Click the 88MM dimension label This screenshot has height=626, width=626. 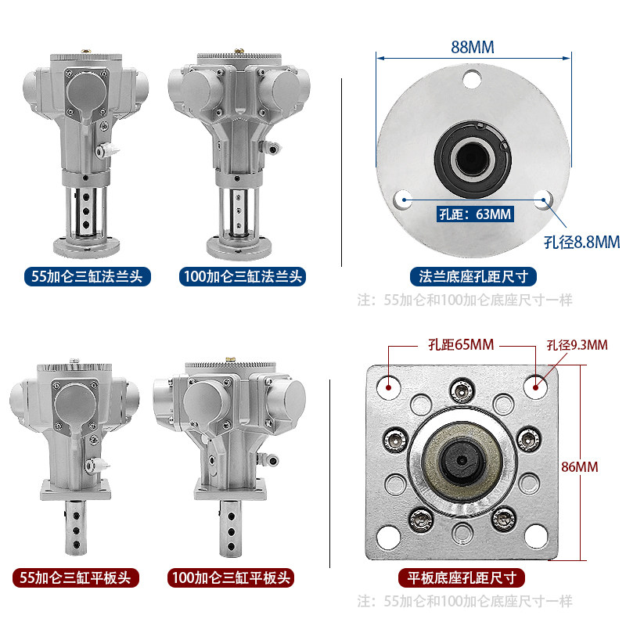click(x=473, y=47)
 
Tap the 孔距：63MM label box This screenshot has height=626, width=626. click(x=475, y=214)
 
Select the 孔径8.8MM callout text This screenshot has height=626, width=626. click(x=582, y=242)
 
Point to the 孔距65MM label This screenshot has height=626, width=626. click(x=461, y=344)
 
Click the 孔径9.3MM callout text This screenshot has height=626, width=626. click(x=577, y=345)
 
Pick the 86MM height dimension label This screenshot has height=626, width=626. click(x=580, y=466)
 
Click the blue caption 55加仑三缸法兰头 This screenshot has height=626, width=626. click(x=88, y=276)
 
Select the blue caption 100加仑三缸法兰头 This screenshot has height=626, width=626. click(x=243, y=276)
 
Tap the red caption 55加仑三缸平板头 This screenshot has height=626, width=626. click(x=76, y=577)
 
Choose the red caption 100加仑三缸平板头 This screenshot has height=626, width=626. click(x=231, y=577)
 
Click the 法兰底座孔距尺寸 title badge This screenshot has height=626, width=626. click(x=473, y=276)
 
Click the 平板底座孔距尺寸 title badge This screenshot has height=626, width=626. click(x=462, y=577)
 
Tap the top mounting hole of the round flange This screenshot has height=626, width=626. click(x=473, y=79)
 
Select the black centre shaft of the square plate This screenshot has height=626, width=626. click(x=462, y=460)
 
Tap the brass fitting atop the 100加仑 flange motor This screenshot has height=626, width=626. click(x=239, y=52)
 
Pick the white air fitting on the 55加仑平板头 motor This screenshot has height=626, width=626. click(x=97, y=465)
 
